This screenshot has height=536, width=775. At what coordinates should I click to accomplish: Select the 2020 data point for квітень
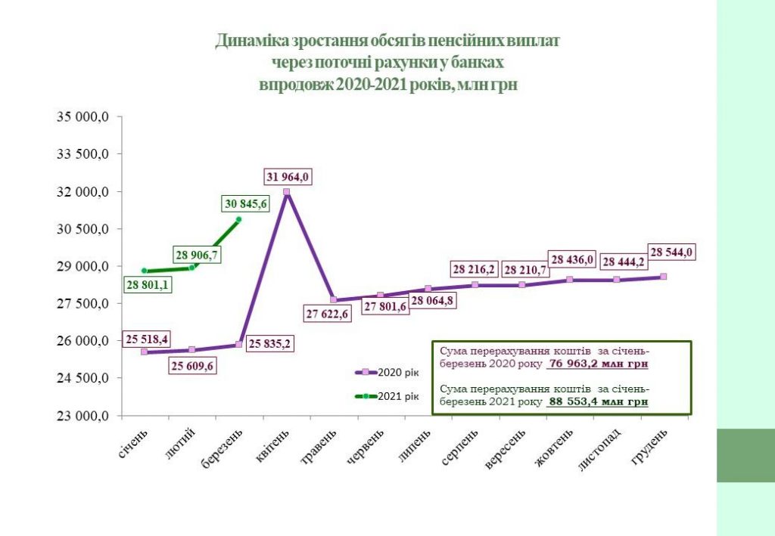point(287,192)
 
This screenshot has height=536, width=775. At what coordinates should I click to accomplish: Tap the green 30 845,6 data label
point(246,203)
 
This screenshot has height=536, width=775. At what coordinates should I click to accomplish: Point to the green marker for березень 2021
point(238,220)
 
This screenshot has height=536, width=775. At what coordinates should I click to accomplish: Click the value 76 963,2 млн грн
point(597,363)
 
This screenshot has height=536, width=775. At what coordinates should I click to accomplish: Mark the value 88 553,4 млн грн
point(597,402)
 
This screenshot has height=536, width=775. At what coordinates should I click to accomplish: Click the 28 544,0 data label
point(671,253)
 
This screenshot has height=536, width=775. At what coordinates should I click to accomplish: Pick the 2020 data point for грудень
point(663,277)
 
